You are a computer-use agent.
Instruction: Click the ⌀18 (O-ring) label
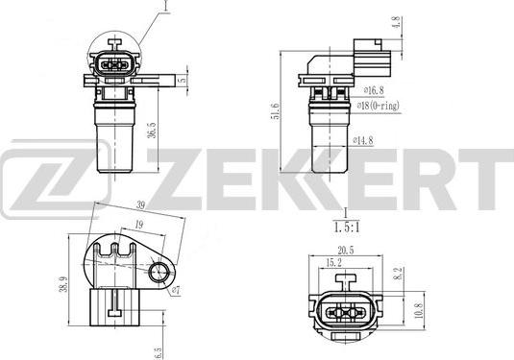point(380,107)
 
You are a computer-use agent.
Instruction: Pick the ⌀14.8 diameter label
point(363,141)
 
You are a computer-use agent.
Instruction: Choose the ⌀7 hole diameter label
point(175,290)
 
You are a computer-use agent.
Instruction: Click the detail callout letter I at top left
point(164,8)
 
